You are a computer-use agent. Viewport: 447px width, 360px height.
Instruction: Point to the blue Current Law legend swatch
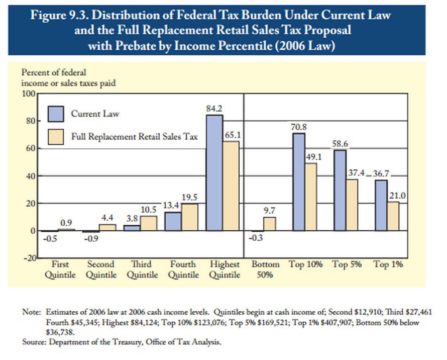tap(56, 114)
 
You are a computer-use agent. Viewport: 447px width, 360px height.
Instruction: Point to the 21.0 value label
tap(397, 195)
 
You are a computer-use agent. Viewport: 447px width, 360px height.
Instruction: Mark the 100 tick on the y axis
tap(28, 94)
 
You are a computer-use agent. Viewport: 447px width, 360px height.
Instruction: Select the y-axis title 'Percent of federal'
tap(50, 73)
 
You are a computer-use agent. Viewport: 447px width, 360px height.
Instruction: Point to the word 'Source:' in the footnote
tap(33, 342)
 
